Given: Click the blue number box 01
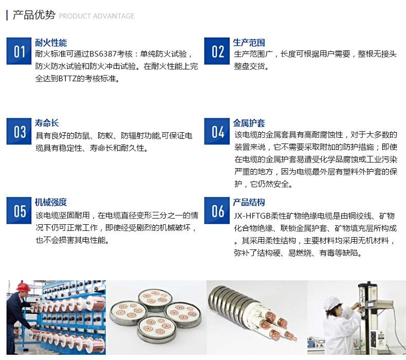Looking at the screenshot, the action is point(19,51).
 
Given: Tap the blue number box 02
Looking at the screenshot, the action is point(217,51).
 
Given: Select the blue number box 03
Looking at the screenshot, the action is point(19,132).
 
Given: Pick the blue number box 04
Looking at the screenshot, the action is point(217,132).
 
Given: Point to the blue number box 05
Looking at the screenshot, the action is point(19,210).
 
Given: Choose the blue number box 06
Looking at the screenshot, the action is point(217,210).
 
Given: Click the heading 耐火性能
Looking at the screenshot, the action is point(51,43).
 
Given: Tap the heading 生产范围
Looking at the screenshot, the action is point(249,43).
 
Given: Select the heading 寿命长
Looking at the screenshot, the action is point(47,123).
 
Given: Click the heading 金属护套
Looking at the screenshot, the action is point(249,123).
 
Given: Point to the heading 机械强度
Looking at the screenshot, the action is point(51,202).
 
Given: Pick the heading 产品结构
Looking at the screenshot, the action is point(249,202).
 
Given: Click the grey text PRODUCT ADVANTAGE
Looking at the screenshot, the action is point(97,16).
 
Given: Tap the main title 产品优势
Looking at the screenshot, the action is point(34,15).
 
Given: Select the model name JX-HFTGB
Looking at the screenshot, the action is point(252,215).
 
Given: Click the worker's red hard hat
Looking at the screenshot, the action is point(23,286).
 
